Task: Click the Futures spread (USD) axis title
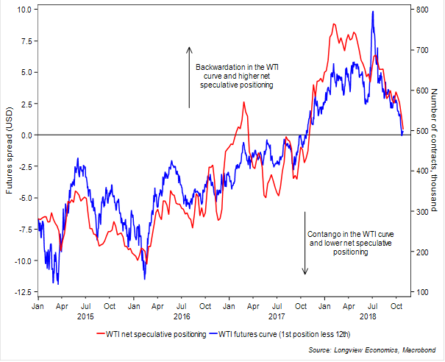click(8, 151)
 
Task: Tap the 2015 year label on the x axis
click(85, 316)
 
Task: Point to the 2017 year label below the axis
click(277, 316)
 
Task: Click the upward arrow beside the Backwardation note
click(189, 77)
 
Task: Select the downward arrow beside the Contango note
click(305, 243)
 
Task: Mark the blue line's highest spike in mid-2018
click(373, 12)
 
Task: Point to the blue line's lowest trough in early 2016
click(145, 278)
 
